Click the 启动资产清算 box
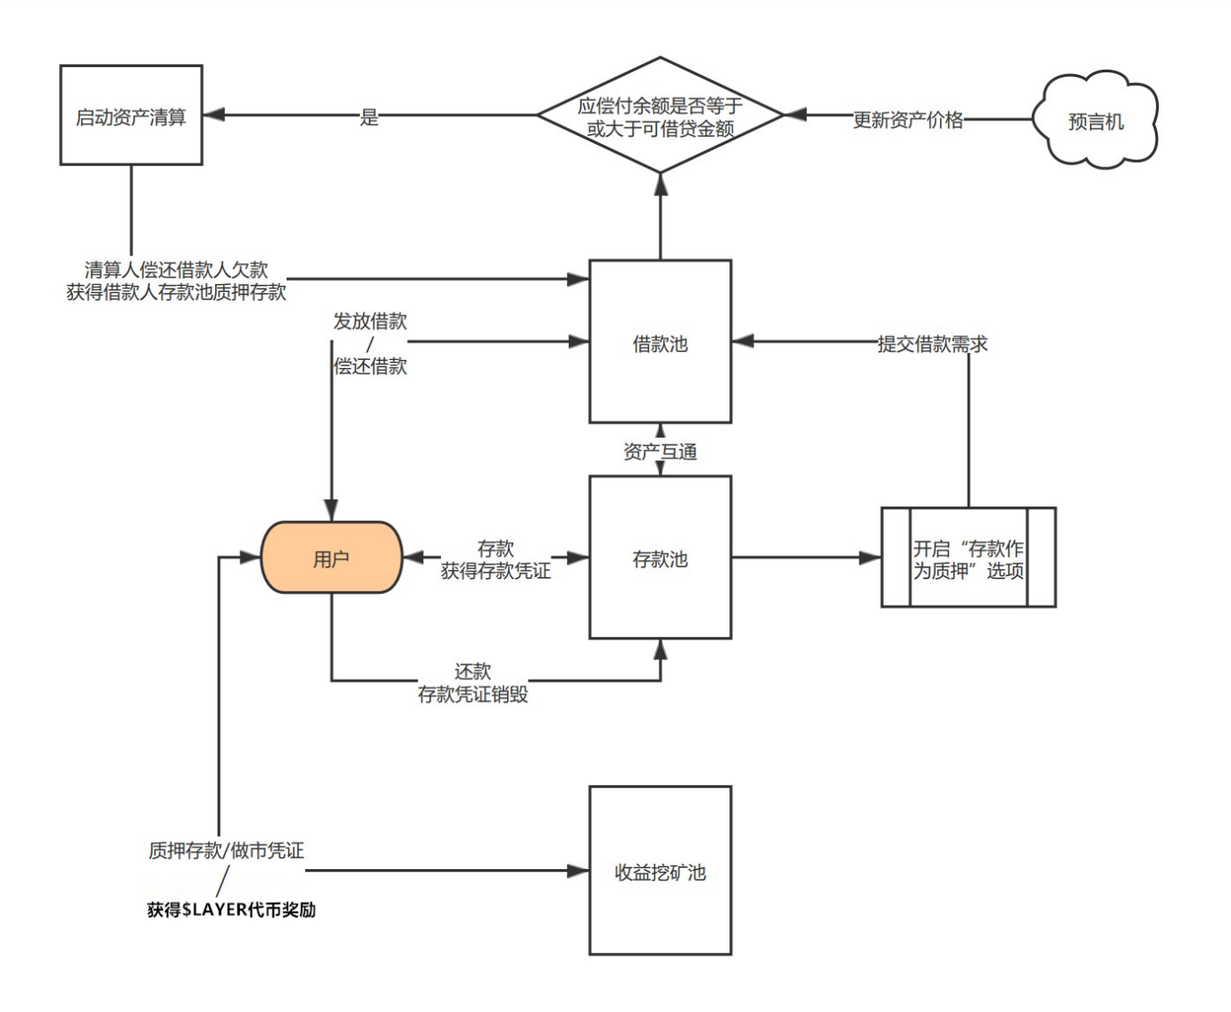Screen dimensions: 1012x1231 tap(131, 115)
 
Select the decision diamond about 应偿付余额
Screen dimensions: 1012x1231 tap(660, 116)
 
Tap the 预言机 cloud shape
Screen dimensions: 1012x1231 tap(1095, 121)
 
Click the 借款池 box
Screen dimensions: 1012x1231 tap(660, 342)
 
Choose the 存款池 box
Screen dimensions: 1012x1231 tap(660, 558)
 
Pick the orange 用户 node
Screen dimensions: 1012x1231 tap(331, 558)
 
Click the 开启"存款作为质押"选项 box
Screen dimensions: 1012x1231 tap(968, 558)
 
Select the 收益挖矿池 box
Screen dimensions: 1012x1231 tap(660, 871)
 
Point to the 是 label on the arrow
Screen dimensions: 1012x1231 tap(370, 117)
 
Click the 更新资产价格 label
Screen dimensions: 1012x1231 tap(908, 120)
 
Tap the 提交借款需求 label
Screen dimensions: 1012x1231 tap(932, 344)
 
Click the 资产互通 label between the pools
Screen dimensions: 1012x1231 tap(660, 452)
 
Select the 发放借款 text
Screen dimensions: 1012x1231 tap(370, 322)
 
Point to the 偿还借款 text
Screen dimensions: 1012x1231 tap(370, 366)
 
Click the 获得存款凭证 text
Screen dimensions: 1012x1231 tap(495, 571)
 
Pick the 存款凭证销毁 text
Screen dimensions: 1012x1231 tap(473, 694)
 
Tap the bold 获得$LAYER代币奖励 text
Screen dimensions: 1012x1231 tap(231, 909)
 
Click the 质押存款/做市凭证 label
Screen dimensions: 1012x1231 tap(226, 850)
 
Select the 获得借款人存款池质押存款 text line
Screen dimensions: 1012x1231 tap(176, 292)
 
